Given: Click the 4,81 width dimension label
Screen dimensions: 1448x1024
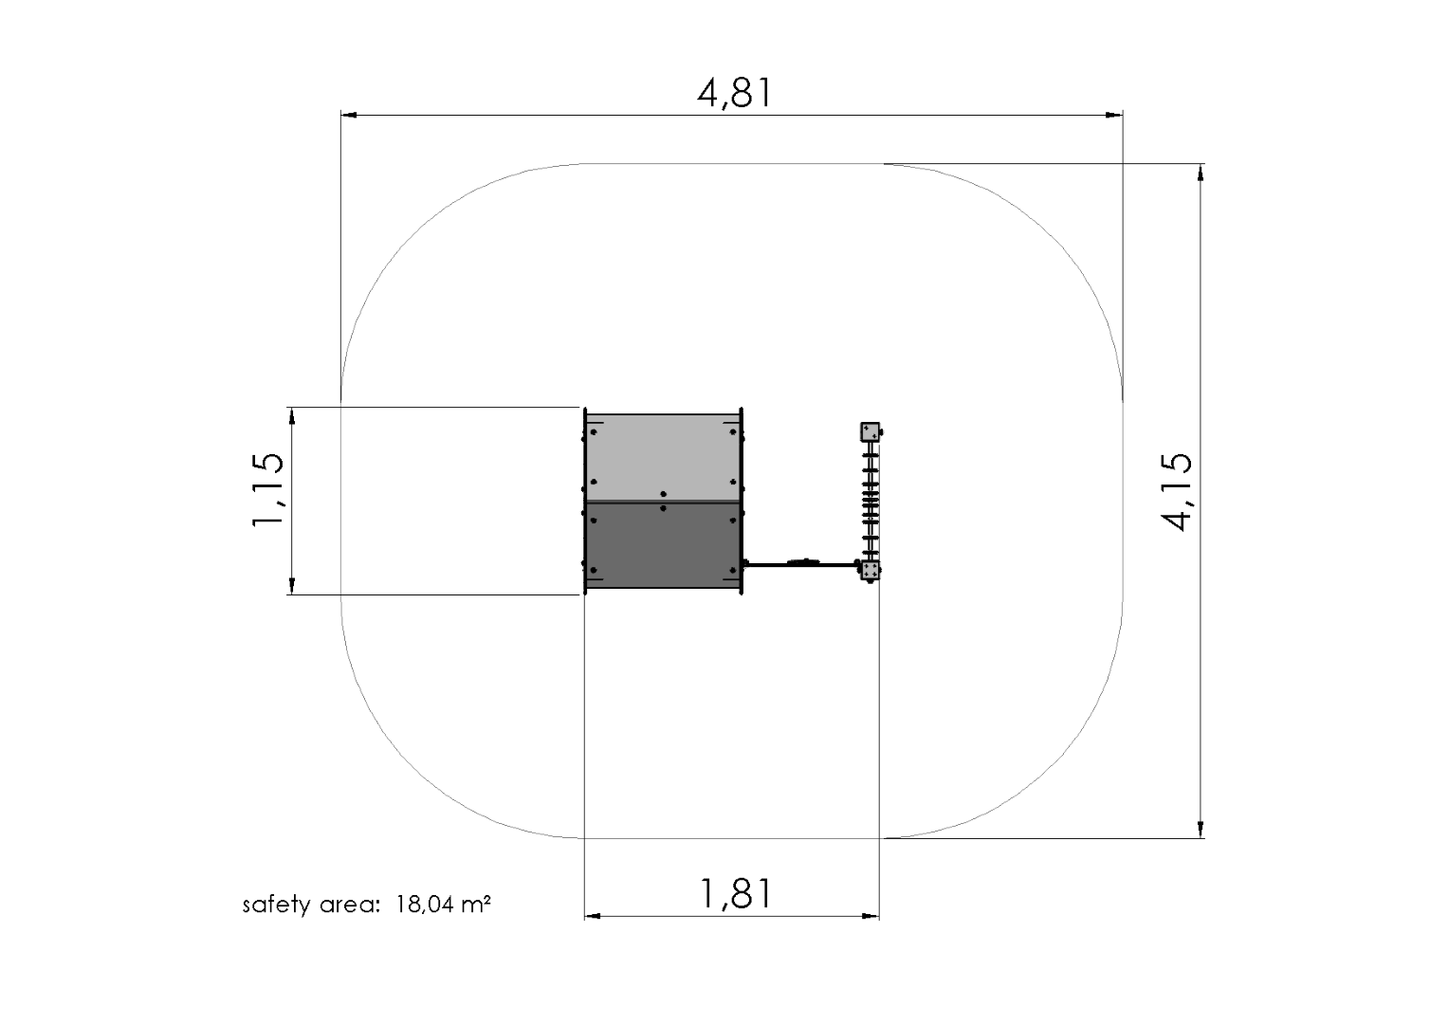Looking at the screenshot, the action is (734, 93).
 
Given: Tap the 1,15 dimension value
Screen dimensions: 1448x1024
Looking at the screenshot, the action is (267, 489).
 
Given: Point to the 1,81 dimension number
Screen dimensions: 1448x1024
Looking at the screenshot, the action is (736, 893).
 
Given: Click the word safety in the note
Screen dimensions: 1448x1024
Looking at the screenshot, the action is (276, 904).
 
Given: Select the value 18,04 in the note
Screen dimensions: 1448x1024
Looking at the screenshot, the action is (425, 904).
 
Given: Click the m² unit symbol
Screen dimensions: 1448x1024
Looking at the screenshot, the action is (476, 903).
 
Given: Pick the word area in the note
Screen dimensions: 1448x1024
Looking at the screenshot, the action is (349, 905).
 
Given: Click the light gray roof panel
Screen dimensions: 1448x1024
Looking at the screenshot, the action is (663, 458).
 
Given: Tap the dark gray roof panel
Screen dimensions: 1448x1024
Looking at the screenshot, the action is (663, 545).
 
